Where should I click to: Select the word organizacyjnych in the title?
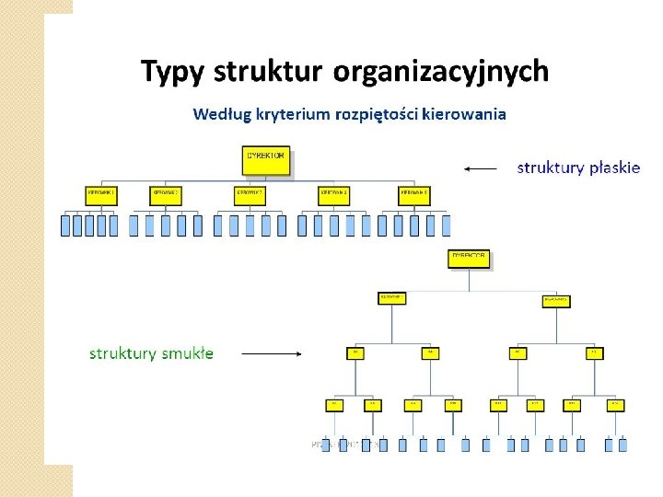click(x=441, y=71)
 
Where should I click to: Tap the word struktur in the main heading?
click(x=269, y=71)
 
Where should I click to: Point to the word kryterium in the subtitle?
click(x=284, y=115)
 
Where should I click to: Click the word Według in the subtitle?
click(x=218, y=114)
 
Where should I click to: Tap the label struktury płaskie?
click(x=578, y=168)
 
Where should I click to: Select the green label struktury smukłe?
click(x=151, y=353)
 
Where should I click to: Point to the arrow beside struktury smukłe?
click(x=273, y=353)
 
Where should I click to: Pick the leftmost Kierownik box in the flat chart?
click(x=100, y=195)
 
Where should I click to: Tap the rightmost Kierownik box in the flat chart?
click(x=414, y=195)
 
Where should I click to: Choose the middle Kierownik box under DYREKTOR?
click(x=250, y=195)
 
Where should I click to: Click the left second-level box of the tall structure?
click(x=391, y=298)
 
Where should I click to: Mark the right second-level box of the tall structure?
click(x=555, y=300)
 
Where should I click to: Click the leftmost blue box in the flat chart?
click(x=65, y=225)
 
